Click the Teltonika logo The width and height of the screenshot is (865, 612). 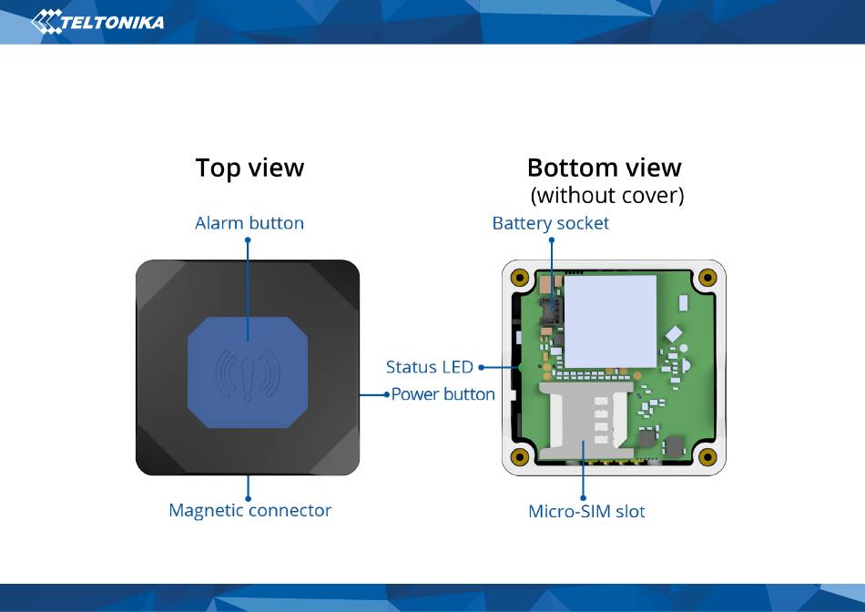point(97,22)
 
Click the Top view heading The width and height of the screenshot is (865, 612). point(249,168)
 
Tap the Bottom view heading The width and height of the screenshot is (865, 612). point(604,168)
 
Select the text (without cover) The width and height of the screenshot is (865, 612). point(606,196)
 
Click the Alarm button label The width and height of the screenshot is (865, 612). point(249,223)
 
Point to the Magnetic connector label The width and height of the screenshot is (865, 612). point(249,511)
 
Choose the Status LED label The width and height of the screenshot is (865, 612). point(429,367)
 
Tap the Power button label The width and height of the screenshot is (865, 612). point(443,394)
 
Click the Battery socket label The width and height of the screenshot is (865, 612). point(551,223)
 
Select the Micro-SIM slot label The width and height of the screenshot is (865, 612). point(586,511)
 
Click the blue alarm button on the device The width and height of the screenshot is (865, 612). point(248,372)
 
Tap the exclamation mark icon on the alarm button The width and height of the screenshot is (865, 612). point(248,379)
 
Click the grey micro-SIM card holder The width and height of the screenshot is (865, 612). point(585,421)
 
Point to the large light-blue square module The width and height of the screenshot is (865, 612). point(610,321)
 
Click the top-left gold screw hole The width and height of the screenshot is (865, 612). point(520,277)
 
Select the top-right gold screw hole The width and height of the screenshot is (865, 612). point(707,277)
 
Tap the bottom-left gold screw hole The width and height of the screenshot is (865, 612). point(520,457)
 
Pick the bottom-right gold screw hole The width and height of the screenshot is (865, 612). point(707,457)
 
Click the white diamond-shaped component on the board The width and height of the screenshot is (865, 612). point(674,334)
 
